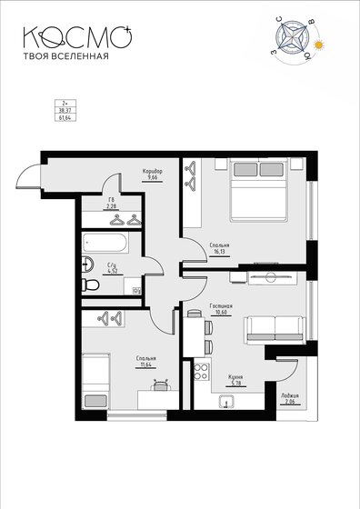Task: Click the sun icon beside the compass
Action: (x=319, y=45)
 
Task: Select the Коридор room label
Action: (x=152, y=170)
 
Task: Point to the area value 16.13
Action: (x=218, y=257)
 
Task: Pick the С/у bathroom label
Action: (x=113, y=264)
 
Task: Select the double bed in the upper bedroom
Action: (x=259, y=189)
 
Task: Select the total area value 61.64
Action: (x=64, y=117)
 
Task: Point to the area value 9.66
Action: (x=152, y=177)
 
